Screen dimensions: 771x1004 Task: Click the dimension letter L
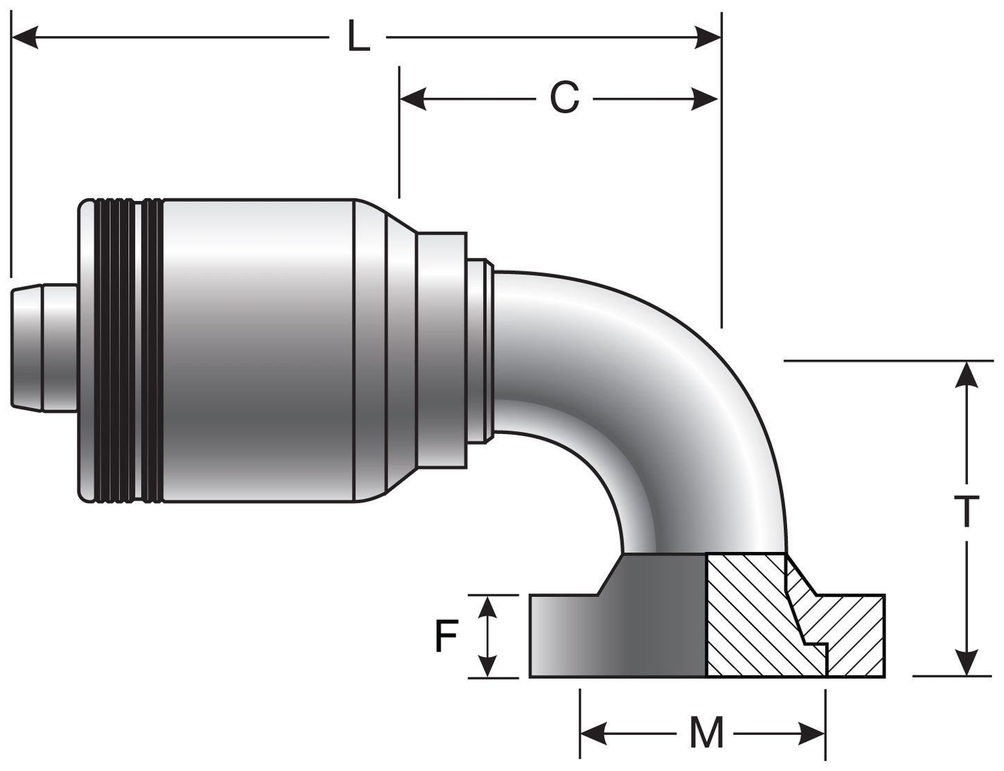click(358, 38)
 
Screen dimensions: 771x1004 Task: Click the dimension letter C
click(564, 99)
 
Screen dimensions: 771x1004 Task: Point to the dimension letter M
click(706, 732)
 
